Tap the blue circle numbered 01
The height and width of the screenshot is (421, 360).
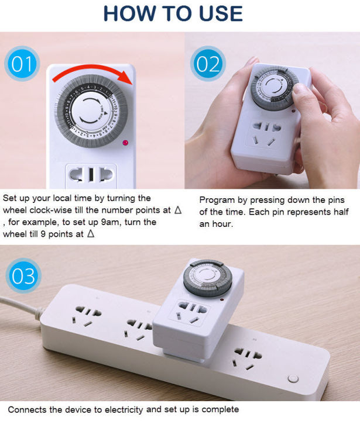(22, 64)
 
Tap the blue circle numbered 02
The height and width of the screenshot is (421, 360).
(208, 64)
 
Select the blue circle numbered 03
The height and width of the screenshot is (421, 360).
(23, 275)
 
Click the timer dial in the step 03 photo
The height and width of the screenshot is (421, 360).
(205, 277)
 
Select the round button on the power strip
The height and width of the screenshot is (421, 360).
(292, 379)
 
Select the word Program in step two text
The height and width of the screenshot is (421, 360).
(218, 199)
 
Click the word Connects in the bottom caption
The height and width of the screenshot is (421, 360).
(27, 409)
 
